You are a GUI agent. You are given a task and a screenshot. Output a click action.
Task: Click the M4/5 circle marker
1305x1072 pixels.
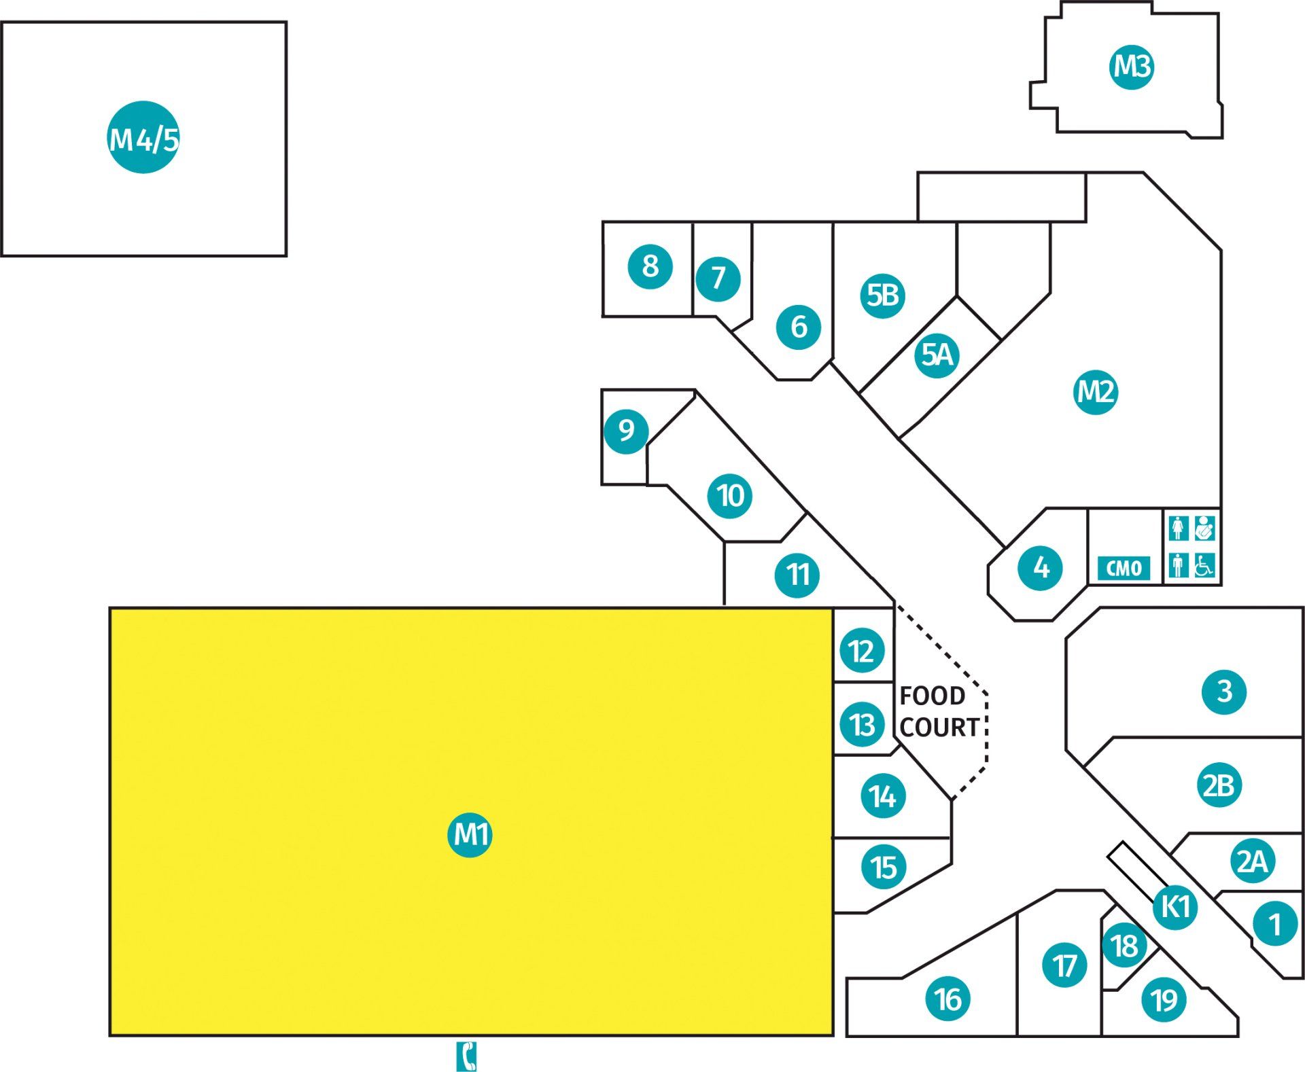(143, 138)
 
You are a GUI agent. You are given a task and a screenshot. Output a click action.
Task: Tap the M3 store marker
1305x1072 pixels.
(1132, 67)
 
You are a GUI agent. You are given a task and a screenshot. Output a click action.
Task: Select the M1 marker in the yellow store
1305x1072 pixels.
(470, 834)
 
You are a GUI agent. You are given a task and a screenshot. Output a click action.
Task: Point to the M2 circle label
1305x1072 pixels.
(1096, 391)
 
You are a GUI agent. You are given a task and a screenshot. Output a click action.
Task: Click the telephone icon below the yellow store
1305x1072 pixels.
(466, 1056)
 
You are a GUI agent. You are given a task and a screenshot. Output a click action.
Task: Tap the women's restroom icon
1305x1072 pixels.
(1179, 528)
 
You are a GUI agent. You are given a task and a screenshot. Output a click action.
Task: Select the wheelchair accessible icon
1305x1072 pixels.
(1204, 565)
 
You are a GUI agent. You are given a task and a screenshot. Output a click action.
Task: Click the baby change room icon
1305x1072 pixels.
(1204, 528)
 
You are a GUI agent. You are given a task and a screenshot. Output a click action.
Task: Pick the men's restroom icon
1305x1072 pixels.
(1179, 565)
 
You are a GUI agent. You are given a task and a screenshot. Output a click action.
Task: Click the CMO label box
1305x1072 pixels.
(1124, 568)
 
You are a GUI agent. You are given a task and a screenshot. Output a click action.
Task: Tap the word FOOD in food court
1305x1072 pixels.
(932, 696)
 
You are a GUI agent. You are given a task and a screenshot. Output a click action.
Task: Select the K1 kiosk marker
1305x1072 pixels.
(1175, 906)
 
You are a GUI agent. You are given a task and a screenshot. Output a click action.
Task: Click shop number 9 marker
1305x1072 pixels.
(626, 430)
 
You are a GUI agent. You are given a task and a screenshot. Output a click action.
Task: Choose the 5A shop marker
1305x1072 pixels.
(937, 355)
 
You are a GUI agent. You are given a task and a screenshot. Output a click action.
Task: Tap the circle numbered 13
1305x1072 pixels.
(863, 724)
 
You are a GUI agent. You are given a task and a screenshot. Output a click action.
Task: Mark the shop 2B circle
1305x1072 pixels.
(1219, 785)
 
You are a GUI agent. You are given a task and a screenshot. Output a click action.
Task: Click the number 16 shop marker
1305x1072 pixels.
(948, 999)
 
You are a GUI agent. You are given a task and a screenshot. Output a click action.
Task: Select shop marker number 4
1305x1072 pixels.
(1041, 567)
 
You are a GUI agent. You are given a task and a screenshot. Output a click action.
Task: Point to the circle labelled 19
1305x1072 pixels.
(1164, 999)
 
